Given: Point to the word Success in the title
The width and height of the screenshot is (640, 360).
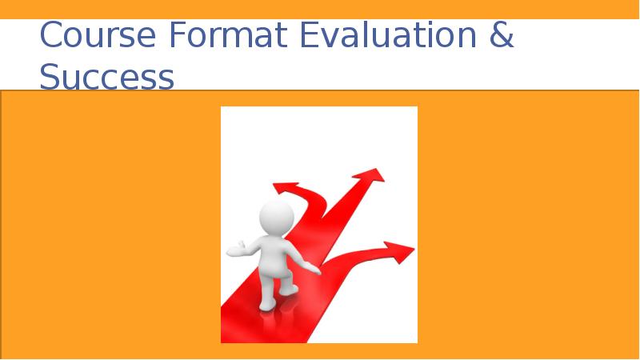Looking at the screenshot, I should [x=106, y=78].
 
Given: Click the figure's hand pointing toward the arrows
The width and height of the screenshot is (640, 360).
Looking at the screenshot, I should [x=314, y=270].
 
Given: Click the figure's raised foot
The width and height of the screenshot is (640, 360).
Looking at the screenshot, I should [x=289, y=289].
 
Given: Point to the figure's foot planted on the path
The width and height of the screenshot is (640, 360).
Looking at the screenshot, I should [x=267, y=305].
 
